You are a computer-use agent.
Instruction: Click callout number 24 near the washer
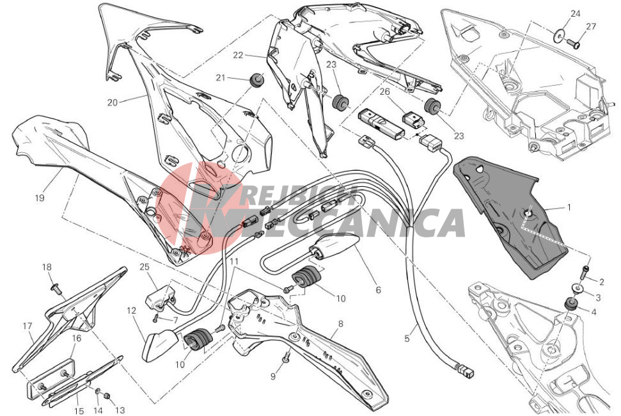pos(575,13)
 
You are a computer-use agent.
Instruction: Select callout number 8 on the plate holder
pos(340,324)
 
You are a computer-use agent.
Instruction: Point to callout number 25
pos(144,267)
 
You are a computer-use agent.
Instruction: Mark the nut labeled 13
pos(107,396)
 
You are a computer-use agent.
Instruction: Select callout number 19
pos(40,198)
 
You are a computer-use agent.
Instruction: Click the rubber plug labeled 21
pos(258,80)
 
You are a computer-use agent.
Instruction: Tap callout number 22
pos(238,56)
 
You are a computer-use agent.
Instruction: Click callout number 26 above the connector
pos(403,92)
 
